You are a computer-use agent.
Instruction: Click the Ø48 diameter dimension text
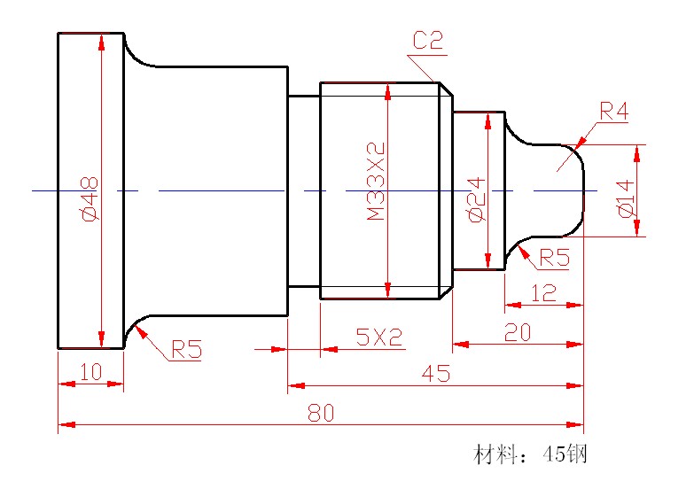click(x=89, y=198)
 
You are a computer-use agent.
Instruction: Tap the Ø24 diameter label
click(x=474, y=200)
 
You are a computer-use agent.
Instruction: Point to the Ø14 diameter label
click(x=625, y=198)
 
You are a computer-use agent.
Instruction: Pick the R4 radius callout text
click(x=613, y=111)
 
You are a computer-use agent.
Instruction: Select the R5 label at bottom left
click(x=186, y=350)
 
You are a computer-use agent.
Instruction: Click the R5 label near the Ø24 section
click(x=554, y=258)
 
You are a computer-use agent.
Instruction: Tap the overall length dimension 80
click(x=321, y=413)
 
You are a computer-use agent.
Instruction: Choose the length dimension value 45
click(x=434, y=374)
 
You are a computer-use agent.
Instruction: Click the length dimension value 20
click(x=518, y=332)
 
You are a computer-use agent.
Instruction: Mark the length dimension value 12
click(x=543, y=293)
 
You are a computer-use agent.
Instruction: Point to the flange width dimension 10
click(x=90, y=373)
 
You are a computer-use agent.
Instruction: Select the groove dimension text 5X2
click(x=378, y=337)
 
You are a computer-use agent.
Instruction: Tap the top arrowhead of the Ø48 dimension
click(x=102, y=41)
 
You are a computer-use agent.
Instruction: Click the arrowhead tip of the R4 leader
click(x=575, y=144)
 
